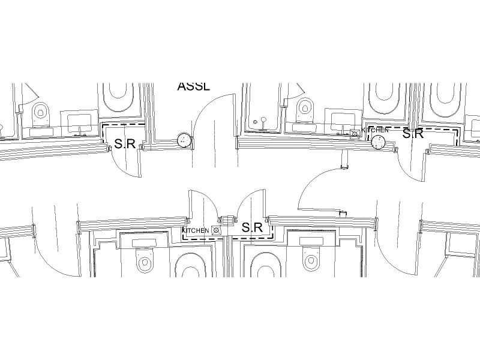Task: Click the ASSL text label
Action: point(194,86)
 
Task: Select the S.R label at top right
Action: point(413,134)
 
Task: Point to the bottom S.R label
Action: point(253,228)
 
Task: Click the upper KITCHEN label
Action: point(375,130)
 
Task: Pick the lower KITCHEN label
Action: point(196,230)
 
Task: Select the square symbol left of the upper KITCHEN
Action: point(355,133)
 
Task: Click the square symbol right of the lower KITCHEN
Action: point(215,230)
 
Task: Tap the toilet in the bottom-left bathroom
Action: point(144,262)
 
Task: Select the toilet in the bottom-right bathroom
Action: point(311,260)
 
